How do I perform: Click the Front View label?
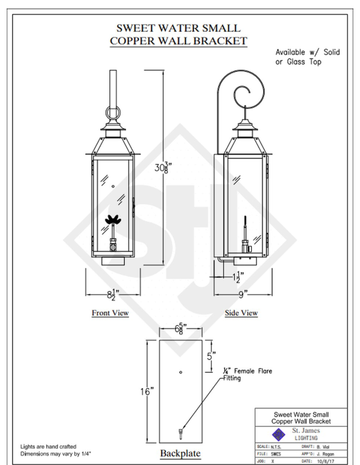pyautogui.click(x=110, y=313)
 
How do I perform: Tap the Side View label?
pyautogui.click(x=241, y=313)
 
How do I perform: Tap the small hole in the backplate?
pyautogui.click(x=181, y=372)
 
